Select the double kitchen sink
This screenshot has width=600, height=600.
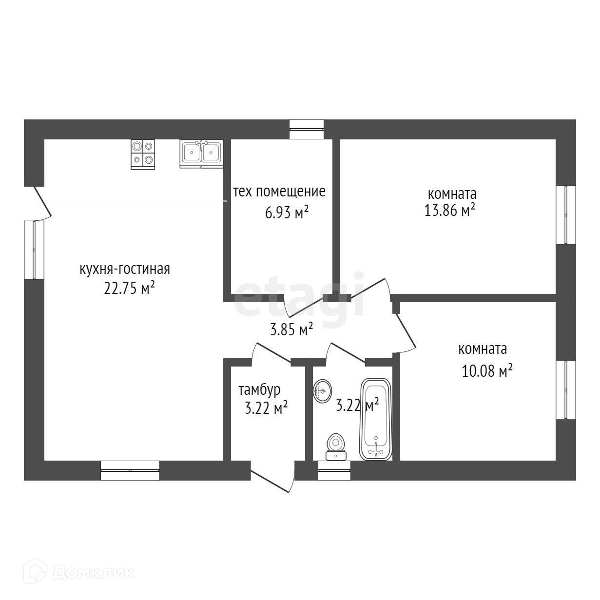(x=201, y=153)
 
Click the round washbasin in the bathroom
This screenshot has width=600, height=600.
(x=322, y=392)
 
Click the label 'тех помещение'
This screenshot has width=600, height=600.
(x=279, y=192)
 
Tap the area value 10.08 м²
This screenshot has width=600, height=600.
(x=487, y=371)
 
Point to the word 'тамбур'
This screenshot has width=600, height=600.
(x=259, y=390)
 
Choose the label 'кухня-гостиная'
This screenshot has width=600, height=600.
(x=125, y=269)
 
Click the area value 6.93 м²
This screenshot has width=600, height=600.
(x=287, y=213)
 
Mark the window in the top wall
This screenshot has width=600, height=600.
(x=307, y=129)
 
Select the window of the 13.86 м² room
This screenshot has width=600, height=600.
(x=566, y=214)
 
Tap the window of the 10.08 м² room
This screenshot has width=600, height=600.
(x=566, y=390)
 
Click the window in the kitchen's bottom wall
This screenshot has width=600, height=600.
(x=130, y=470)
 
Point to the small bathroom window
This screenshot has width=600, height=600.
(x=334, y=471)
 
